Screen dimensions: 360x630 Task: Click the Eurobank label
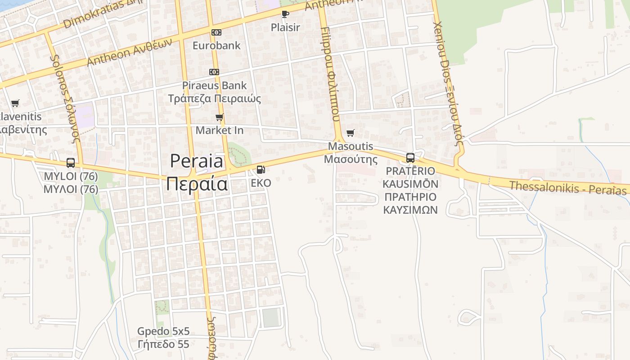tap(216, 45)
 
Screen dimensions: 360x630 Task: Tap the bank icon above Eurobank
tap(216, 32)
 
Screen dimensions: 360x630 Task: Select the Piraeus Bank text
tap(214, 85)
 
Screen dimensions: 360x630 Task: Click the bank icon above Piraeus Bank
tap(214, 72)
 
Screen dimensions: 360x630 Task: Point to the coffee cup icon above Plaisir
tap(285, 14)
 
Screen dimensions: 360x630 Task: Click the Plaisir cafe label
tap(285, 27)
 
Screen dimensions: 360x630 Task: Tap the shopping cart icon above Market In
tap(219, 117)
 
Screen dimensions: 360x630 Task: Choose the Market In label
tap(219, 130)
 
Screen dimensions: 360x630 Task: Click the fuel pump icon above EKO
tap(261, 170)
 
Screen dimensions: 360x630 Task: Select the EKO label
tap(261, 183)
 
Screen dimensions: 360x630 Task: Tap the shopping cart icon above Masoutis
tap(351, 133)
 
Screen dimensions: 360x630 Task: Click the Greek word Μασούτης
tap(351, 159)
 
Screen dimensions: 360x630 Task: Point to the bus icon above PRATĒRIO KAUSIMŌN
tap(410, 158)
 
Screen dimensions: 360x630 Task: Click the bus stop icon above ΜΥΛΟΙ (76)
tap(71, 163)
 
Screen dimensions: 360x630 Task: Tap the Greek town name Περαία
tap(197, 184)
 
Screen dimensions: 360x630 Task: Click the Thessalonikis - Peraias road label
tap(567, 188)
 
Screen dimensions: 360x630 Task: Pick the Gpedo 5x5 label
tap(163, 332)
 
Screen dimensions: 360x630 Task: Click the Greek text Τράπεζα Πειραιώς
tap(214, 98)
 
